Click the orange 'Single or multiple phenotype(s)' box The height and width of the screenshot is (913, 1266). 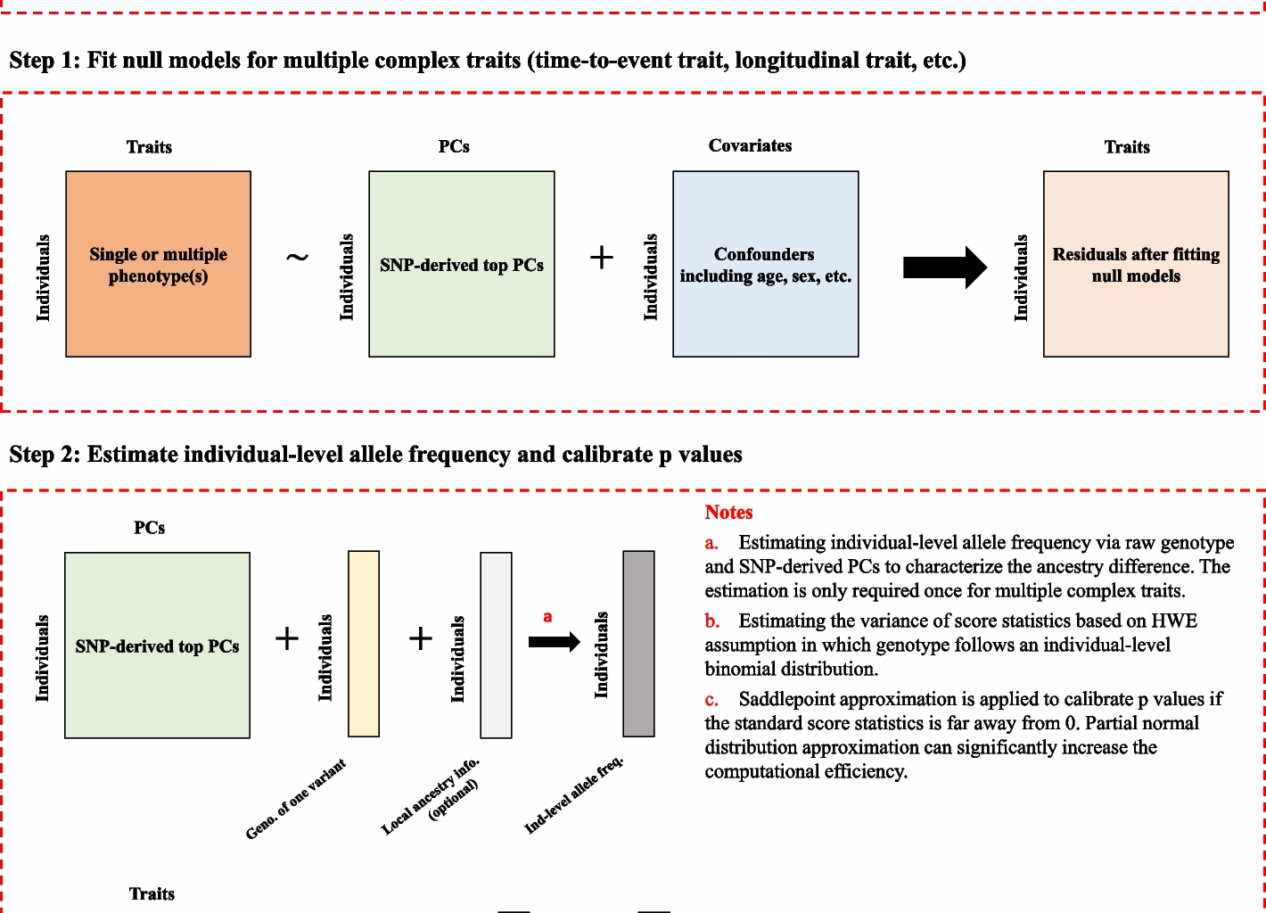click(158, 265)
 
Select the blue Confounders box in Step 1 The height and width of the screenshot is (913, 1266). click(765, 265)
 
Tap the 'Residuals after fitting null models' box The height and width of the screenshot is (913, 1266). click(1136, 265)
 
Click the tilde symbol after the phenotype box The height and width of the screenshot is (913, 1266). click(297, 258)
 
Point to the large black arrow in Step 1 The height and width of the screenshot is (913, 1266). click(944, 267)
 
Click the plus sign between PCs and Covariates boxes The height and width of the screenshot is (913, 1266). click(602, 258)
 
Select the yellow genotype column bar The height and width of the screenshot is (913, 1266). click(363, 644)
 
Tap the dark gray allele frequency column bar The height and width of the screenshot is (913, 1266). click(638, 644)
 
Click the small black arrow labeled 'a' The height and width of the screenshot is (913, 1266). click(554, 642)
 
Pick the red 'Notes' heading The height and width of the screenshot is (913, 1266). click(728, 513)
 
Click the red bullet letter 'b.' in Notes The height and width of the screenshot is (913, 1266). click(711, 621)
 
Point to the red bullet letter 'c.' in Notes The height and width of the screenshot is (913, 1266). click(711, 700)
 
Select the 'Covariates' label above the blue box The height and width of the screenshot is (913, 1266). click(750, 146)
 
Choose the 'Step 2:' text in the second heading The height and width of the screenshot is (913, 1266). click(45, 455)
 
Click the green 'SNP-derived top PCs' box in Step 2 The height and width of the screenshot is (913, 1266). click(157, 646)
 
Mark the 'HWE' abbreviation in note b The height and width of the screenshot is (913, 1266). click(1174, 621)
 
